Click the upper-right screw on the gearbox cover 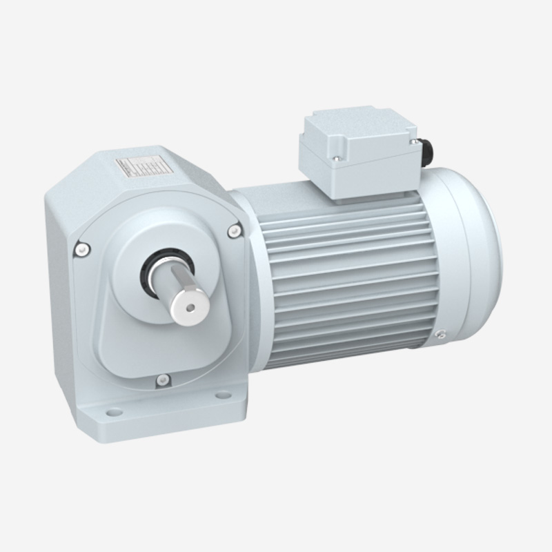tap(235, 230)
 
